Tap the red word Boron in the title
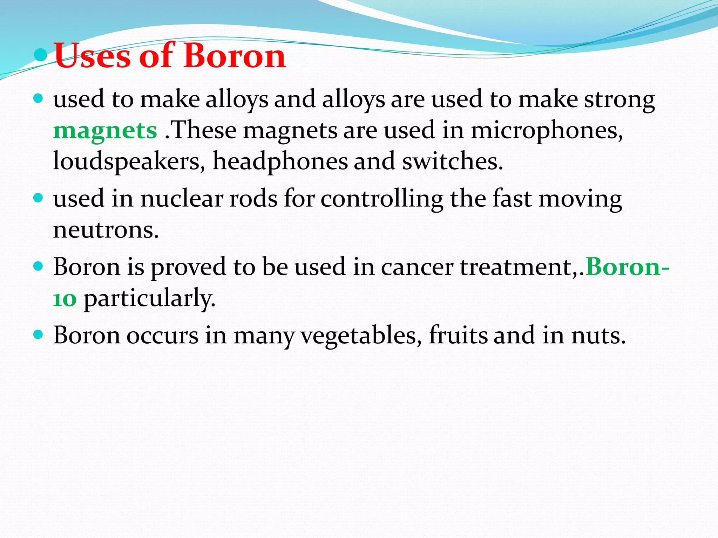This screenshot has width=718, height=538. [x=235, y=56]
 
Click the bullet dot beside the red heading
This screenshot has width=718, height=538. [x=41, y=55]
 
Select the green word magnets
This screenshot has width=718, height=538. [x=105, y=131]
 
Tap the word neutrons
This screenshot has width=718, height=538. [x=106, y=230]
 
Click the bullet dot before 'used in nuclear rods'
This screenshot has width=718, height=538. [x=38, y=198]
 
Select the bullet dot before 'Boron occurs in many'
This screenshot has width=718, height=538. [x=38, y=334]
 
